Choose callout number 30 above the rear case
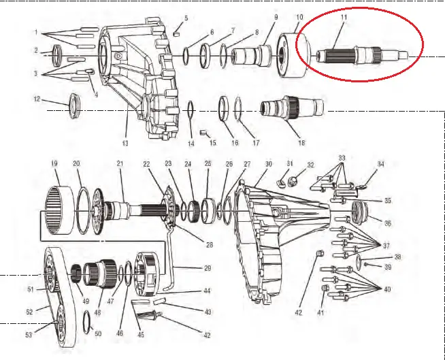[268, 164]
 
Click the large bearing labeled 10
[297, 54]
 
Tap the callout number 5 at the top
[186, 18]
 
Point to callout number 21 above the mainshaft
[119, 164]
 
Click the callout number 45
[142, 334]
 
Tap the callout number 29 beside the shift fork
[207, 267]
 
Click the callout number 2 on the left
[36, 50]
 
